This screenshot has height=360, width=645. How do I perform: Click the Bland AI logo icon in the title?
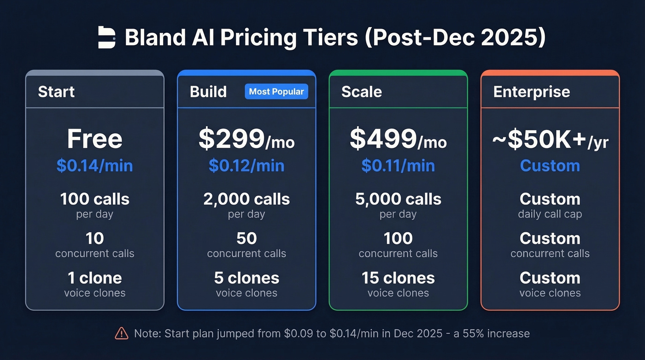(107, 37)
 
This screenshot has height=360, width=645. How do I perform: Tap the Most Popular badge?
(276, 91)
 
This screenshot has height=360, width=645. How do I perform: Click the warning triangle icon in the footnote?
(121, 333)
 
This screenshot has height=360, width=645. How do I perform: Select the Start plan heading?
(56, 91)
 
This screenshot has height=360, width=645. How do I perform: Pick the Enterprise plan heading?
(531, 91)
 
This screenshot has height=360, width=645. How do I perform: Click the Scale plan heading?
(361, 91)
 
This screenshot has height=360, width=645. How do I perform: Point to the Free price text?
(94, 139)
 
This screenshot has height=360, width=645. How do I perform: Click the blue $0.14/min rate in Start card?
(94, 165)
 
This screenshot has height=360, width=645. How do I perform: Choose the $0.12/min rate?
(246, 165)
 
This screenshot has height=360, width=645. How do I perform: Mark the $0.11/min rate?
(398, 165)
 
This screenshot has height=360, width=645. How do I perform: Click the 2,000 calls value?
(246, 199)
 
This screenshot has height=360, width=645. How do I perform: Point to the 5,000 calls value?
(398, 199)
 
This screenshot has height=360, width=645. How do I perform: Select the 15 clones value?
(398, 278)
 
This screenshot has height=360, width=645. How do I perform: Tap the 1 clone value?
(94, 278)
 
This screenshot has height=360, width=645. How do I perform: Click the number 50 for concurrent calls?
(246, 238)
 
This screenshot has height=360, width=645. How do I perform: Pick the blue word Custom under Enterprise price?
(550, 165)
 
